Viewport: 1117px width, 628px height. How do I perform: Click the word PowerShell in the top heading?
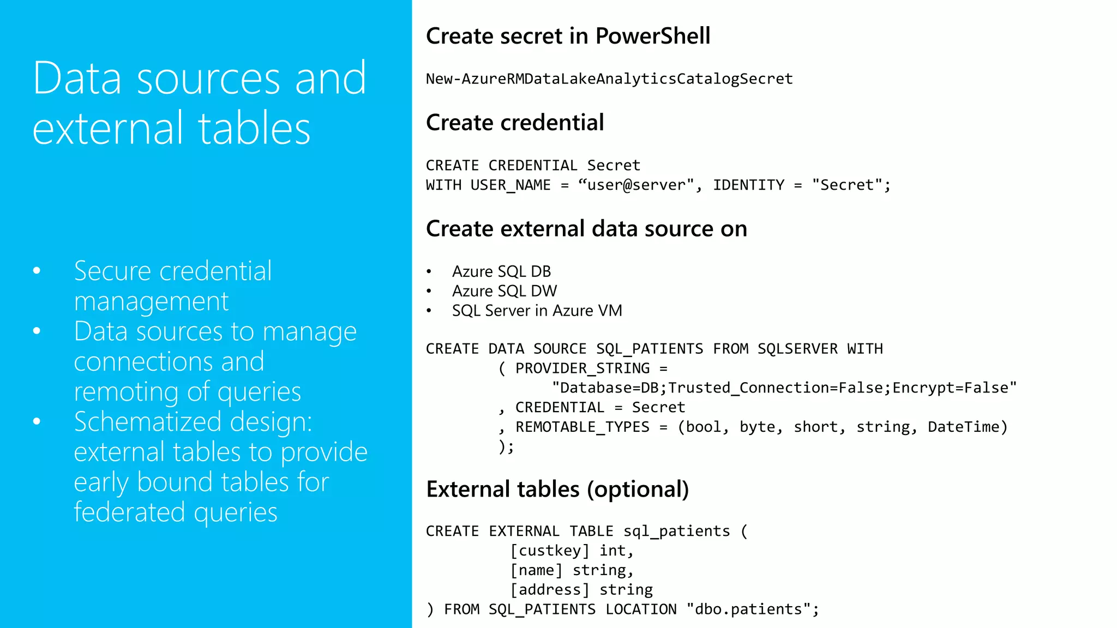tap(652, 36)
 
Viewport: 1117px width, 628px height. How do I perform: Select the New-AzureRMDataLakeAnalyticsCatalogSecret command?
tap(609, 79)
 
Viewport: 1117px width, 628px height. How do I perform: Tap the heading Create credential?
tap(514, 123)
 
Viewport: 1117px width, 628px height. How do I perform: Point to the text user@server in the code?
tap(636, 185)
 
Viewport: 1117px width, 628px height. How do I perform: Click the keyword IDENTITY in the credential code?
tap(748, 185)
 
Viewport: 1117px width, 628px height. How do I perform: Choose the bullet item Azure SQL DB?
tap(501, 271)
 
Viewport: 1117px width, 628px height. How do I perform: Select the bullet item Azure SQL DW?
tap(504, 291)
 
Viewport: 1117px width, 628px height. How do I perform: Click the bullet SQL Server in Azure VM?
tap(537, 311)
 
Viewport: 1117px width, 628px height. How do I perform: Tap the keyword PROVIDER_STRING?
tap(582, 369)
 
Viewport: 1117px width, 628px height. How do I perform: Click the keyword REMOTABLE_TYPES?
tap(582, 427)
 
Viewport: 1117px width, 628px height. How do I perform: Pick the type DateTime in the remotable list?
tap(963, 427)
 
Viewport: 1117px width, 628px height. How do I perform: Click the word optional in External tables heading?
tap(638, 490)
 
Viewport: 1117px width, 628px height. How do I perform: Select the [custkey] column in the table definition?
tap(550, 551)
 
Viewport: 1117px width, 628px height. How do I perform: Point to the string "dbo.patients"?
tap(748, 609)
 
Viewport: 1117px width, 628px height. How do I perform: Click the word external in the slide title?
tap(107, 129)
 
